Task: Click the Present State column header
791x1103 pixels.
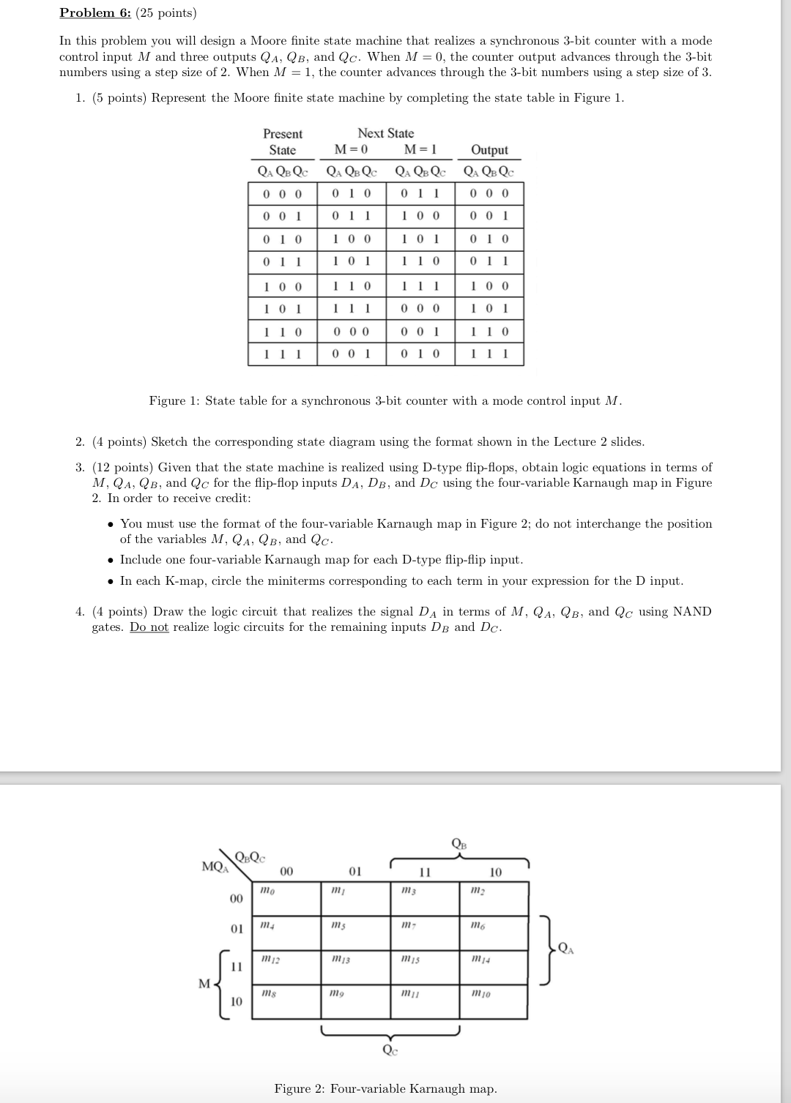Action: pos(282,142)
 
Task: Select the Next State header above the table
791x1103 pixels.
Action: pos(385,133)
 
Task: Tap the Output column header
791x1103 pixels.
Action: pos(489,150)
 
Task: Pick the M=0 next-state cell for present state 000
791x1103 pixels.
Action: pos(351,194)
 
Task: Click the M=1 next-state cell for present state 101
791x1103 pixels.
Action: pos(420,309)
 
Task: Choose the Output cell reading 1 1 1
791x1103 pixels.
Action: pos(489,355)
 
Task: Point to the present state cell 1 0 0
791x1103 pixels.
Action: pos(282,286)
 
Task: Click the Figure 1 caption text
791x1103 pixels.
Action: pos(385,401)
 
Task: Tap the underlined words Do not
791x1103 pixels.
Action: pos(149,627)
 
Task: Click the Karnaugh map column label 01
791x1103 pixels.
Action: pos(354,872)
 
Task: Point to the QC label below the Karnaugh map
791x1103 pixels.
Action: pos(390,1050)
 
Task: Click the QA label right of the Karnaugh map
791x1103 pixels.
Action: pos(565,949)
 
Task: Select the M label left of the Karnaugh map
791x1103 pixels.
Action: pos(205,983)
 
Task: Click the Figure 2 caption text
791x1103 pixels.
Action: pos(385,1088)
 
